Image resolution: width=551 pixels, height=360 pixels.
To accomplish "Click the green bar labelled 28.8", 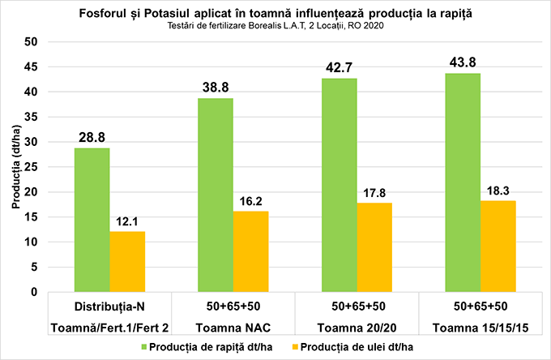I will point(92,220).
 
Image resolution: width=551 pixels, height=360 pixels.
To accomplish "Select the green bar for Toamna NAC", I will point(215,195).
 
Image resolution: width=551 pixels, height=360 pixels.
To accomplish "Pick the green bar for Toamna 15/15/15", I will point(463,182).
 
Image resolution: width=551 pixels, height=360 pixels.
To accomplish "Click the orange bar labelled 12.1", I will point(127,261).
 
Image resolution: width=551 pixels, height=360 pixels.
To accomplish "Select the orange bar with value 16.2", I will point(250,251).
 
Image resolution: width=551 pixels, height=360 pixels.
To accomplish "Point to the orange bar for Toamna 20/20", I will point(374,247).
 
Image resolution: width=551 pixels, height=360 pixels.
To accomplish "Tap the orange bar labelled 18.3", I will point(498,246).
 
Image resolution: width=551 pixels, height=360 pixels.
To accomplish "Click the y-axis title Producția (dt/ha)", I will point(14,167).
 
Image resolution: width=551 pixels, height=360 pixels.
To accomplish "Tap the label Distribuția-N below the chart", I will point(109,306).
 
